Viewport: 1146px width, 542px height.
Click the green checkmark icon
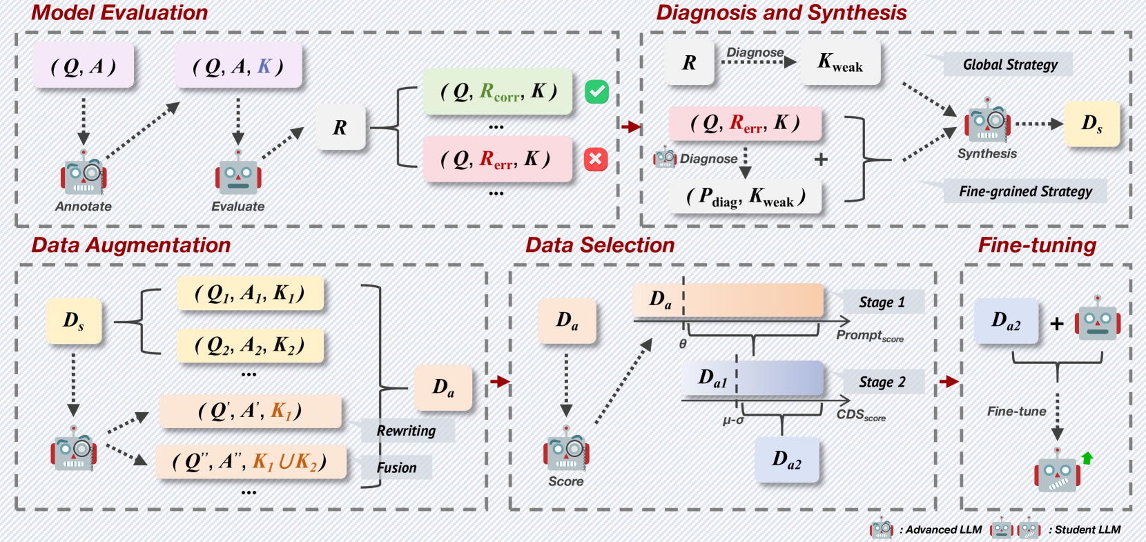coord(596,92)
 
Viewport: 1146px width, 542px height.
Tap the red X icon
coord(595,159)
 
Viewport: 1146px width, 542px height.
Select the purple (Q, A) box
coord(84,66)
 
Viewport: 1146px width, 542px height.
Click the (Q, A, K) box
coord(238,66)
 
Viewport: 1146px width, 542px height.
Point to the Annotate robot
coord(84,173)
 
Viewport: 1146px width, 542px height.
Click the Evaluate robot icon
coord(238,173)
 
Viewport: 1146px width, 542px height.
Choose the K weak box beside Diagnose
coord(840,63)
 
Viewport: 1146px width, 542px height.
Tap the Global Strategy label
coord(1009,65)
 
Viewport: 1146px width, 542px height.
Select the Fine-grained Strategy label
coord(1025,191)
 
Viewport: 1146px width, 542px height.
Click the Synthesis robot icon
coord(987,122)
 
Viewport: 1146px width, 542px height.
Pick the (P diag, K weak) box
coord(746,197)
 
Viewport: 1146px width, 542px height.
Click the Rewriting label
coord(407,431)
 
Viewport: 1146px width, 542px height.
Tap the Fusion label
coord(397,467)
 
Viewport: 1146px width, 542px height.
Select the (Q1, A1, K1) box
coord(249,294)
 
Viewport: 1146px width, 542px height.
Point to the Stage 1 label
coord(882,302)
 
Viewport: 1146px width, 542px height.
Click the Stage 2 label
coord(882,382)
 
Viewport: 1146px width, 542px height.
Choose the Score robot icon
coord(566,449)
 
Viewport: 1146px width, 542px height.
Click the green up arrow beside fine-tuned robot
coord(1087,457)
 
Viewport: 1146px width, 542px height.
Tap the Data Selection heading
coord(600,245)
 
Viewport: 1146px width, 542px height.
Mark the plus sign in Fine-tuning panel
coord(1057,323)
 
